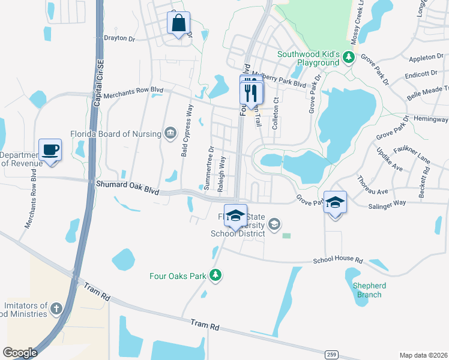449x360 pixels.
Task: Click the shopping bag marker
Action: click(178, 24)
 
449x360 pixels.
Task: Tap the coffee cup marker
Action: click(50, 150)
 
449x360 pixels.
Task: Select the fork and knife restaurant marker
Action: click(252, 94)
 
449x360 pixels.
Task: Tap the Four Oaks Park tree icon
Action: click(215, 275)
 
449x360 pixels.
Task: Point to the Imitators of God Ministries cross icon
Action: click(56, 308)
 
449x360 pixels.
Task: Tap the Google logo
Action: click(20, 353)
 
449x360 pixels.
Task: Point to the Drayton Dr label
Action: click(120, 38)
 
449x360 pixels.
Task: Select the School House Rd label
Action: click(339, 260)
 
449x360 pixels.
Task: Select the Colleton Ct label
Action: click(276, 113)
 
